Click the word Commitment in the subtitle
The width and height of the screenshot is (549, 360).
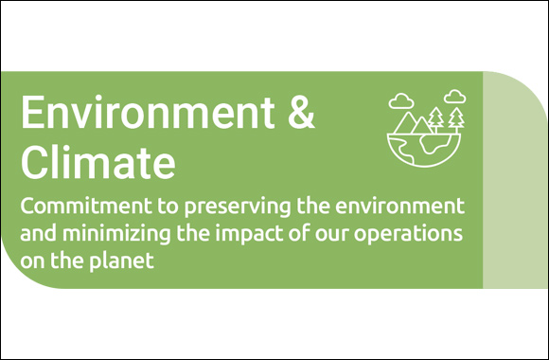point(74,206)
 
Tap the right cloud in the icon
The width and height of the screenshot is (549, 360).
point(455,96)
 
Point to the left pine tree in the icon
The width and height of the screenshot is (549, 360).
point(436,118)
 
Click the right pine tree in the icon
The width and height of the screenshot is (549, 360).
point(457,118)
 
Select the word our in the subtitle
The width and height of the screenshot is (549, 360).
point(338,233)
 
